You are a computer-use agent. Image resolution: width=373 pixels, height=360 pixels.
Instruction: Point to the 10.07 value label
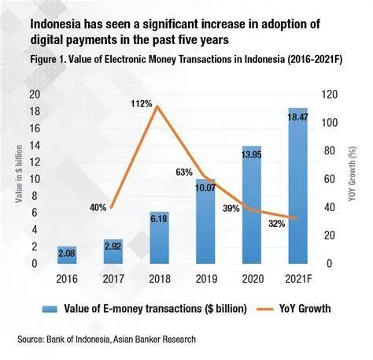pos(205,187)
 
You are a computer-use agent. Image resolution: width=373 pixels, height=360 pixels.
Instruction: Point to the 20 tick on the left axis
pos(34,94)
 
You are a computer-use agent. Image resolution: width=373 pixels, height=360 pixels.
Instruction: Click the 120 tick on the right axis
pos(333,94)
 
